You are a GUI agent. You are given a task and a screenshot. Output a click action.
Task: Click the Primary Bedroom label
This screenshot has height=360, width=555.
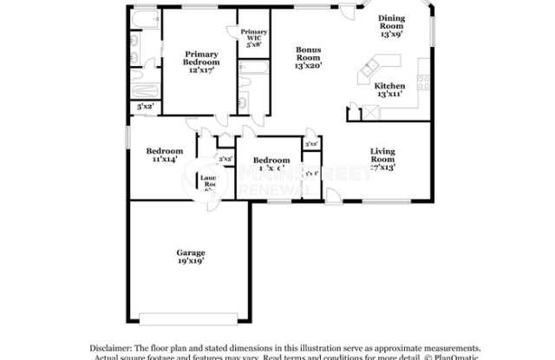tap(200, 58)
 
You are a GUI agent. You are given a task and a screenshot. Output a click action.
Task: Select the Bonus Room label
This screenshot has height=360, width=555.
tap(308, 54)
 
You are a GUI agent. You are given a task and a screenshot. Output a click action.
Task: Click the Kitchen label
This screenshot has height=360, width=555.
tap(389, 86)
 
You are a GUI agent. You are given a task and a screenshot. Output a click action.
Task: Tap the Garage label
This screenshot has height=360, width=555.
tap(191, 252)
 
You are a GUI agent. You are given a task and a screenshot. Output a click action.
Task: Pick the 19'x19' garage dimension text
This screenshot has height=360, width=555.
tap(191, 261)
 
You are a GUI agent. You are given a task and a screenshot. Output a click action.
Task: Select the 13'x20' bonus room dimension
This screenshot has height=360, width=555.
tap(308, 66)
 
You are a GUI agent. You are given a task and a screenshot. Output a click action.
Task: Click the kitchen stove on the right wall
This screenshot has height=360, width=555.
tap(423, 84)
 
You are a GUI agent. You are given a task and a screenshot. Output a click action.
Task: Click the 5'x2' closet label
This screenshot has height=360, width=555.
tap(145, 106)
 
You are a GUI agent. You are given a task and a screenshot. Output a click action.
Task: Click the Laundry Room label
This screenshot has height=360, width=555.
tap(210, 183)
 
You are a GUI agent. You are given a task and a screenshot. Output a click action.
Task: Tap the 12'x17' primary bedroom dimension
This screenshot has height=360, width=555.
tap(200, 69)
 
